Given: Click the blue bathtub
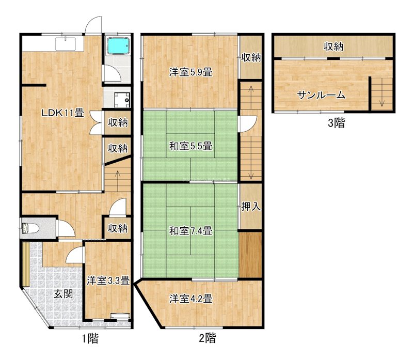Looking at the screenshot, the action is coord(118,45).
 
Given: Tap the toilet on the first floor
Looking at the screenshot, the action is coord(29,228).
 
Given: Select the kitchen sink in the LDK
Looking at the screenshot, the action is coord(66,44).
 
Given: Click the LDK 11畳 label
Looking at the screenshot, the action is coord(63,113).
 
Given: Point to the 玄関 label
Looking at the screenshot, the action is coord(63,294).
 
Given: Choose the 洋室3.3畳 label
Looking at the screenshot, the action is coord(108,280).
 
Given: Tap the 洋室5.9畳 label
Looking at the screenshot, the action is coord(190,72).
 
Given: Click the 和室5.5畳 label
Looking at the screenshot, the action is coord(190,146).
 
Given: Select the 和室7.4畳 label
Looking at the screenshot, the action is coord(190,231).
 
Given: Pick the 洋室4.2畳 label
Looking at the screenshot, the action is coord(190,299).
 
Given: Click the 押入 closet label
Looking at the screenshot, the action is coord(251,207).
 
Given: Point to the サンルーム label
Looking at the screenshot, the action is coord(321,95).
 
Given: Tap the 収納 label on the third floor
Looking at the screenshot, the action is coord(333,46).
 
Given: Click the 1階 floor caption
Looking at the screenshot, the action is coord(90,339).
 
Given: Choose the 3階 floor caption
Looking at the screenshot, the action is coord(337,123).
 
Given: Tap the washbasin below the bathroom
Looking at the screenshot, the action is coord(122,100).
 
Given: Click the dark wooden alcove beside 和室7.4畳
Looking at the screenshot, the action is coord(250,255).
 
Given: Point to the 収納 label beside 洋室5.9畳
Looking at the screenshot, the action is coord(251,57).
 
